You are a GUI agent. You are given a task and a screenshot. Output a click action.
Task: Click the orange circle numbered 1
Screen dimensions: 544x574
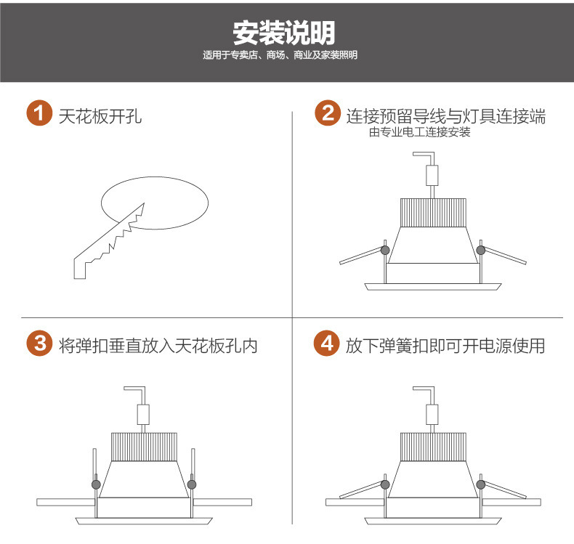point(39,114)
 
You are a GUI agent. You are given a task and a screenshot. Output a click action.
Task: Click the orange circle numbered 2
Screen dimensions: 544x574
point(328,114)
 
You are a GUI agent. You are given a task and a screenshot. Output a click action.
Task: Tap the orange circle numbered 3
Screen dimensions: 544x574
point(39,344)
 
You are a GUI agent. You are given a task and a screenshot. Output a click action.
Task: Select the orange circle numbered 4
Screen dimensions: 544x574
point(328,344)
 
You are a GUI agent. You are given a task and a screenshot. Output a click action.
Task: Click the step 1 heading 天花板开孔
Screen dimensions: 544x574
point(100,115)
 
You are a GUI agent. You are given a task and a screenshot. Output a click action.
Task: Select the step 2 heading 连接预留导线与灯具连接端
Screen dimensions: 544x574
point(445,115)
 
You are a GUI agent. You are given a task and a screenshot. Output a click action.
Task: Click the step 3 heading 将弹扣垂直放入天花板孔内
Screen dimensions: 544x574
point(158,345)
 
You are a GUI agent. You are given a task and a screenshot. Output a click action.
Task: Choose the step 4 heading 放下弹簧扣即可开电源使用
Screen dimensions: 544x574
point(445,345)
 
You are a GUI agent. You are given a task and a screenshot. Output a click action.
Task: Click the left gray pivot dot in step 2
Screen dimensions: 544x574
point(384,251)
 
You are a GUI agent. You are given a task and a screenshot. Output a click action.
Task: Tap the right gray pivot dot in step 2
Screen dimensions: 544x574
point(480,251)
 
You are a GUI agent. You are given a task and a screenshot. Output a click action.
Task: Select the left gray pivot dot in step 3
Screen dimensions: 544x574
point(95,483)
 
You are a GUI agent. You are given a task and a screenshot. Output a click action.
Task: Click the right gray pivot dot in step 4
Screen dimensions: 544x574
point(480,483)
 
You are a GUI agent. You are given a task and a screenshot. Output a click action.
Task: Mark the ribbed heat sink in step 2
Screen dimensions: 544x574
point(432,213)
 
